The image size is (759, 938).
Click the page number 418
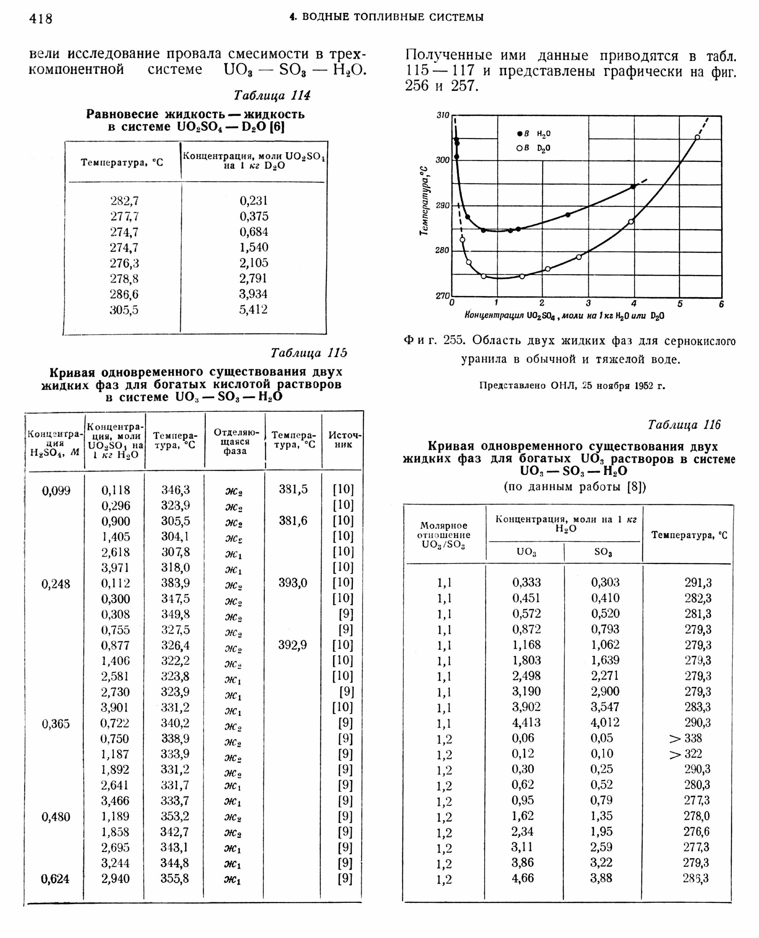pos(41,19)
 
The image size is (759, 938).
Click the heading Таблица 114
pos(272,95)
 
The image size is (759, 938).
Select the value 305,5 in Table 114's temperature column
pos(124,310)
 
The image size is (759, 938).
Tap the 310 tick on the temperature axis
pos(443,115)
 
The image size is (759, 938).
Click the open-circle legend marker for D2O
pos(519,148)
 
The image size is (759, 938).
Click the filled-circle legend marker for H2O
pos(519,134)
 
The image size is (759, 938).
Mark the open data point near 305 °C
pos(697,137)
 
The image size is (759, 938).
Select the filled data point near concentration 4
pos(633,187)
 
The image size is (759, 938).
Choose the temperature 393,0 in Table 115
pos(293,583)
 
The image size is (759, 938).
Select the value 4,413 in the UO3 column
pos(527,722)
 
